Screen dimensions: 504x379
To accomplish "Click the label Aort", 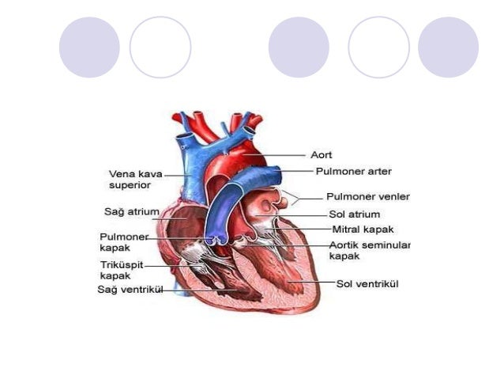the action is [321, 155].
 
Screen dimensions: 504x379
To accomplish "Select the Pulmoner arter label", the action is [353, 171].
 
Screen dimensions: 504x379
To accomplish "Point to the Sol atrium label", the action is [355, 214].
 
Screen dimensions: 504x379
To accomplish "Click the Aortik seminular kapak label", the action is [370, 250].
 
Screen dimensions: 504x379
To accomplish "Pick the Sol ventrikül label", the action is [367, 283].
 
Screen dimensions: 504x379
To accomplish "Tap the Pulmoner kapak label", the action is [123, 241].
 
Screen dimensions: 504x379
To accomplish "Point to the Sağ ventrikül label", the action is [130, 290].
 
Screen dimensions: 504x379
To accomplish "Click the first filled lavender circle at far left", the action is [89, 47].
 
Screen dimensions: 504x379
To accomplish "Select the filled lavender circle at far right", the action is [448, 47].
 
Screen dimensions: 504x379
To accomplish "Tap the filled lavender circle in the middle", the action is [299, 47].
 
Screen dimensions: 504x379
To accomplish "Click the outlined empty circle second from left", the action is [160, 47].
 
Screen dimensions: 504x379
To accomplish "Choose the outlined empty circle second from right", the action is [378, 47].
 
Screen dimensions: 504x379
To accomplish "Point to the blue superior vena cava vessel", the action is [187, 170].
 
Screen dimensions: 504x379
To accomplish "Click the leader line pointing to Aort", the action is [276, 155].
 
